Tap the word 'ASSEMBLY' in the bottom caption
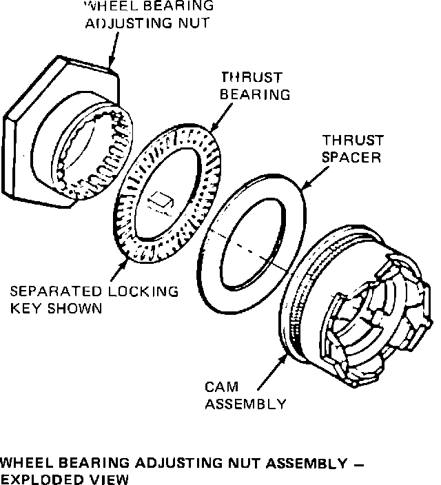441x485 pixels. coord(298,462)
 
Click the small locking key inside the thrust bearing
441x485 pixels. coord(161,201)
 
